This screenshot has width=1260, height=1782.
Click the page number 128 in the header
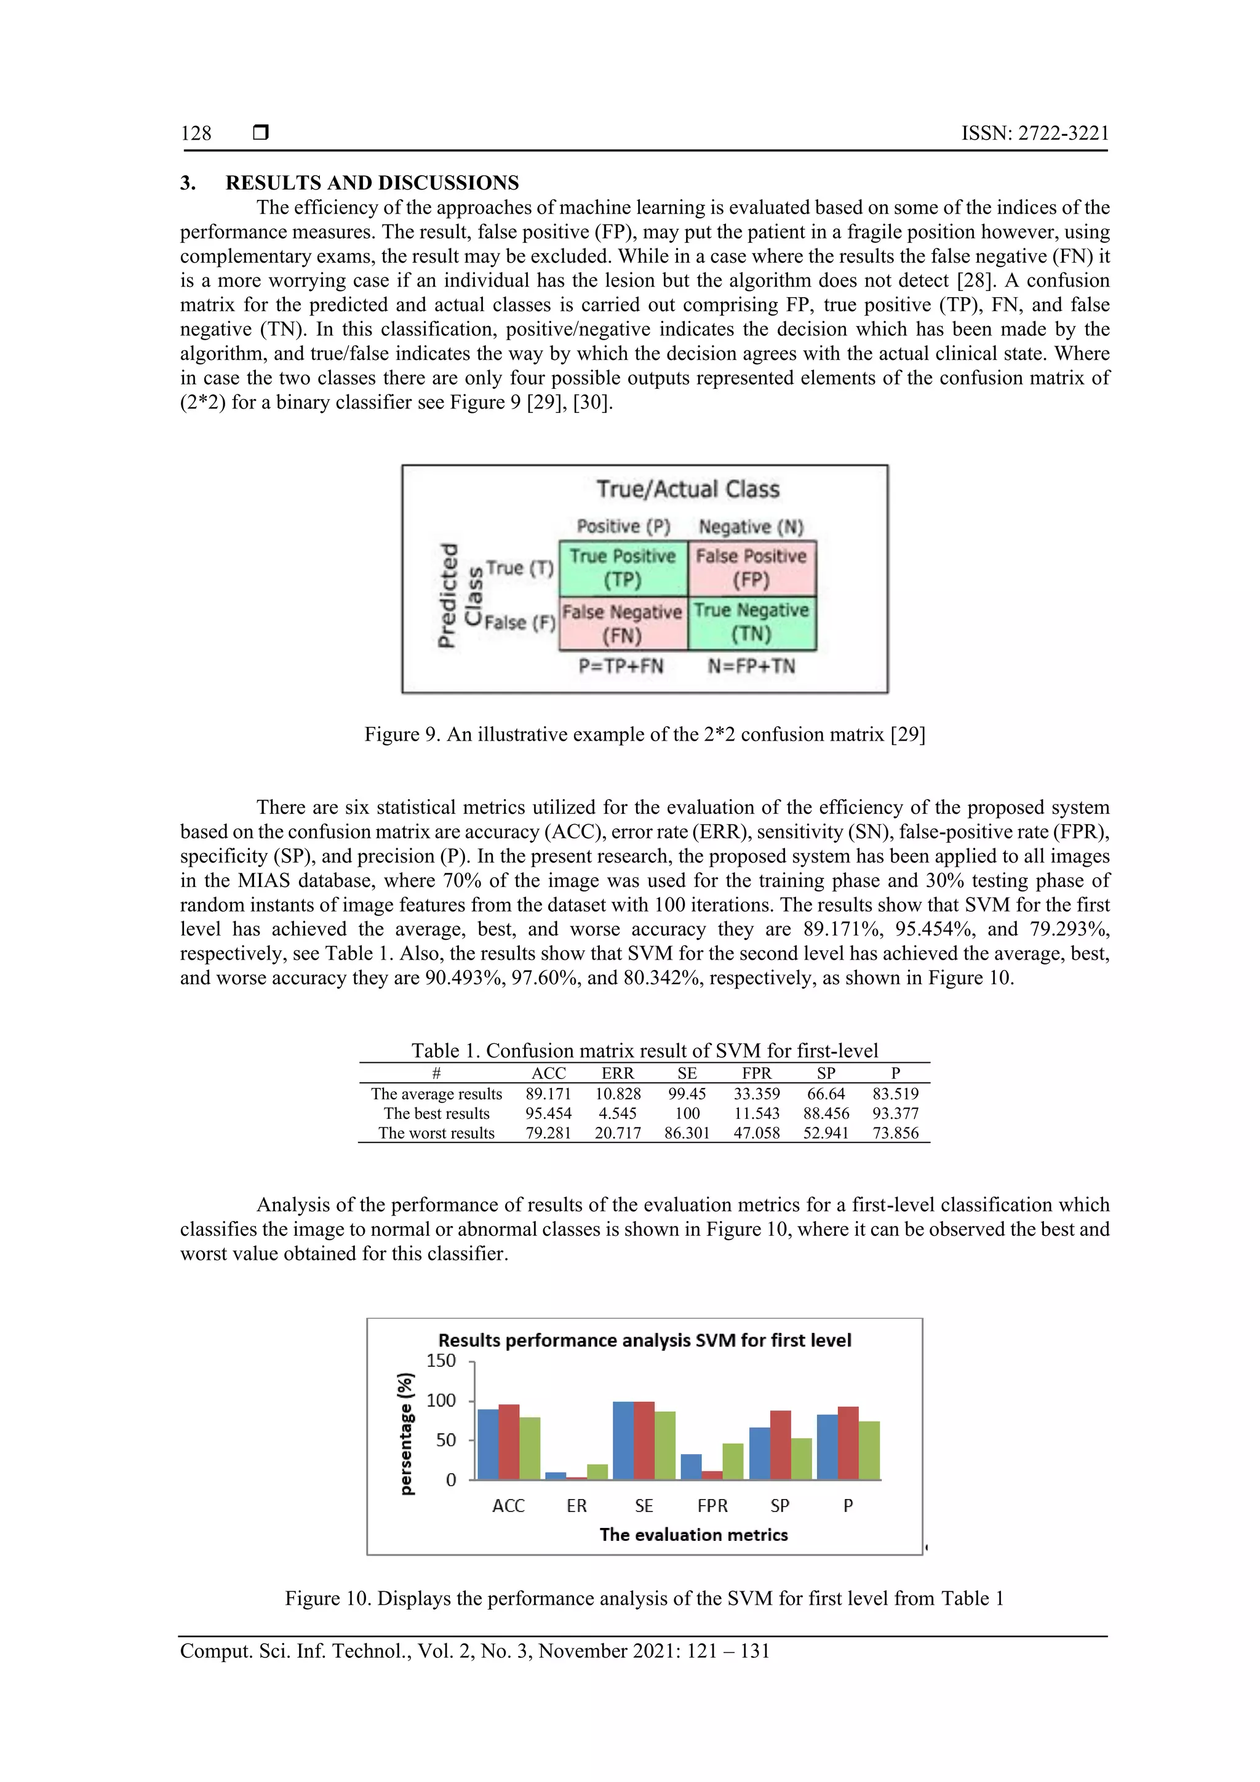196,133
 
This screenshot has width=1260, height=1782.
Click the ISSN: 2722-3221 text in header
1034,133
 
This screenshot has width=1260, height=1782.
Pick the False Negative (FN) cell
623,623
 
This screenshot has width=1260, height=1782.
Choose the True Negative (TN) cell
751,623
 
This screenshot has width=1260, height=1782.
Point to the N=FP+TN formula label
751,666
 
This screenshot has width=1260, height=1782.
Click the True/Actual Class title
688,489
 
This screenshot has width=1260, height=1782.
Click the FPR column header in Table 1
756,1073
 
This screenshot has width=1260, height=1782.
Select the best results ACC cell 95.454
548,1113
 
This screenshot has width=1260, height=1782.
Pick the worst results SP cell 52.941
826,1132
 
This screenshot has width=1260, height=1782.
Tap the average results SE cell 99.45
687,1094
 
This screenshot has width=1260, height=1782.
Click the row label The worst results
436,1132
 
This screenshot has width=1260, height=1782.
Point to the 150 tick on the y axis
441,1361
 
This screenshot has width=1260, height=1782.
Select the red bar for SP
780,1445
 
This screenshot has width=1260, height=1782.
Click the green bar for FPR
733,1462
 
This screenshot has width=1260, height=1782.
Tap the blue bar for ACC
487,1444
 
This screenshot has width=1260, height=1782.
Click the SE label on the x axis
644,1506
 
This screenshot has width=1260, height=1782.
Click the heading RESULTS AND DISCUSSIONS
372,183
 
